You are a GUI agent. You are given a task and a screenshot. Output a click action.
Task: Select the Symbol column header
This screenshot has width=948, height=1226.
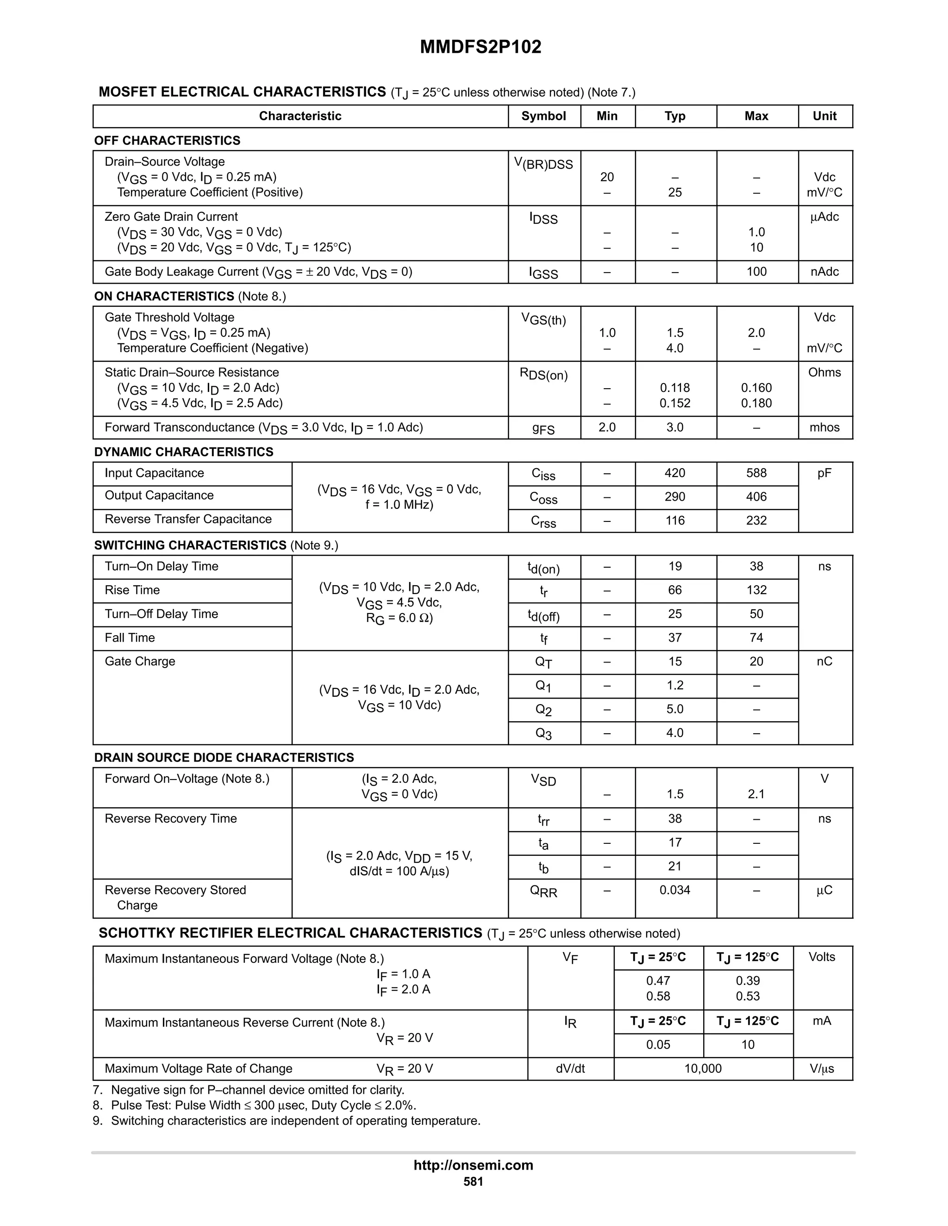point(543,116)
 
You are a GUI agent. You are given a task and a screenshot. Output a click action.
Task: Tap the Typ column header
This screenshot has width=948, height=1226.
point(674,116)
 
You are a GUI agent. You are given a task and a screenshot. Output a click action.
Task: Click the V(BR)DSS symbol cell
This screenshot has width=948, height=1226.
point(543,165)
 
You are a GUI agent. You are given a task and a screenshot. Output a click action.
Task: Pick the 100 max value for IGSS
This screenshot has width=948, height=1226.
point(756,272)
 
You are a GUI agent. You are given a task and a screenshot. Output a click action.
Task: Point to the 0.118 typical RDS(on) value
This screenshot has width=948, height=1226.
point(674,388)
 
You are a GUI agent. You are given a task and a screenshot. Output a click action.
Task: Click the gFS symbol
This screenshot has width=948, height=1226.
point(543,429)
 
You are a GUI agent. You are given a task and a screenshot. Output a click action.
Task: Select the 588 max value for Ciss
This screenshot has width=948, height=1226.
point(756,473)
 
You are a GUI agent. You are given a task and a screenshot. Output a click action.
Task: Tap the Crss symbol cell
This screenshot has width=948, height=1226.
point(543,521)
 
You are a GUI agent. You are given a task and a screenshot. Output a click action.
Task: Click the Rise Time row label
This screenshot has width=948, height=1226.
point(132,590)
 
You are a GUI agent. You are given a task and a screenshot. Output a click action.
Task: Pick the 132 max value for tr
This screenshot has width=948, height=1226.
point(756,590)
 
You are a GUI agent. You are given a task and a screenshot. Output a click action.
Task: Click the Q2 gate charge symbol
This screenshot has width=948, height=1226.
point(543,710)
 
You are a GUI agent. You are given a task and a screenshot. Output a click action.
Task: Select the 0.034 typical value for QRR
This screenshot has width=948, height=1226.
point(674,890)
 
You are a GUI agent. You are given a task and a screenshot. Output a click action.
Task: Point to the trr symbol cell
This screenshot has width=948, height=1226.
point(543,820)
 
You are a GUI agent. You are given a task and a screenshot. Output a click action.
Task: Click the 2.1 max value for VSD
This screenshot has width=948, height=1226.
point(756,794)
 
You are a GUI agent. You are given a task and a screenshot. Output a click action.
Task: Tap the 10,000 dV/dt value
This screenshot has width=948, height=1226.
point(703,1069)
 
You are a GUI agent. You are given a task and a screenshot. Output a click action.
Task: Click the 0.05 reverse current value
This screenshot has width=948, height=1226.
point(658,1045)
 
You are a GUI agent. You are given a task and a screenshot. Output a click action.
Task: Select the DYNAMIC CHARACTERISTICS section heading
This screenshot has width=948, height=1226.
point(184,452)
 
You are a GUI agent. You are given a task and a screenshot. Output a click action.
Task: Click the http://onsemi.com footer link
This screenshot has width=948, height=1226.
point(473,1165)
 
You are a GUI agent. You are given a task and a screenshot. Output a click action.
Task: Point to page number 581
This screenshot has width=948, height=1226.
point(473,1182)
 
